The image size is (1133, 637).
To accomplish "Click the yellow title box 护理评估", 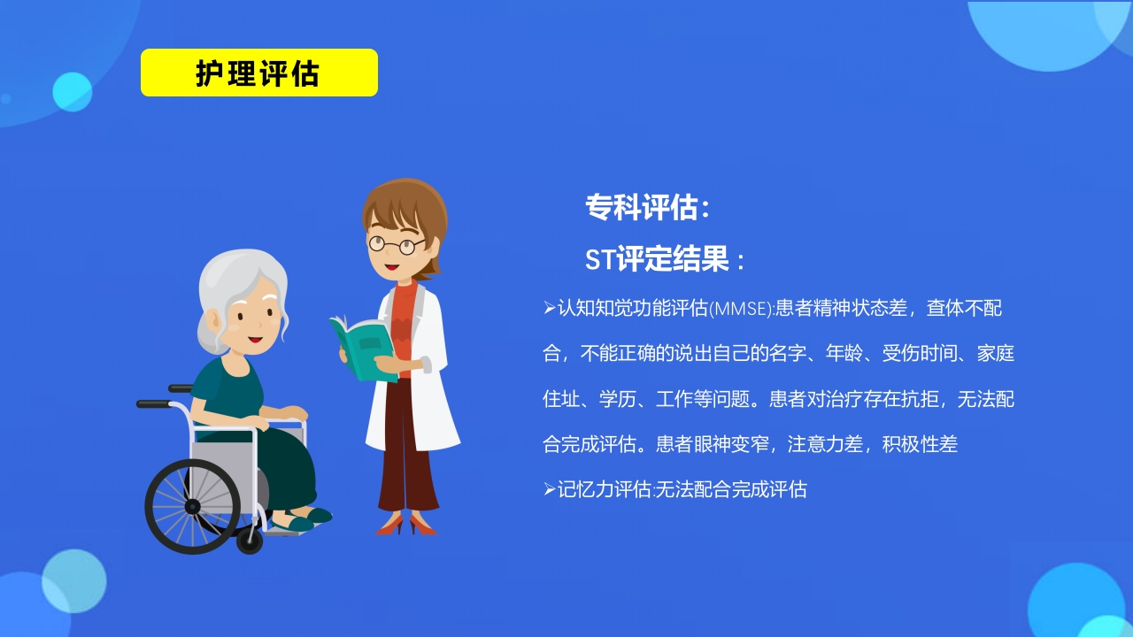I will point(258,73).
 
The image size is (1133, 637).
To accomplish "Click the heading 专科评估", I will point(647,207).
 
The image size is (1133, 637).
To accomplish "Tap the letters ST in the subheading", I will point(599,260).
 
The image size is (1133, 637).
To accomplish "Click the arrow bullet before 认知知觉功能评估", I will point(549,308).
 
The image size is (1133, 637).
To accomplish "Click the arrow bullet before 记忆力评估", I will point(549,488).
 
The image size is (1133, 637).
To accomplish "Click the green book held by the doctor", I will point(363,348).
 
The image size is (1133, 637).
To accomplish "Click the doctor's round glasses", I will point(396,244).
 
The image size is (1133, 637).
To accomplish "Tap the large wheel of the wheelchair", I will point(192,506).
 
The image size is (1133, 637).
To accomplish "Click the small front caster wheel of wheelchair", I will point(250,540).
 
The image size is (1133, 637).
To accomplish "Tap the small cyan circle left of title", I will point(72,92).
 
